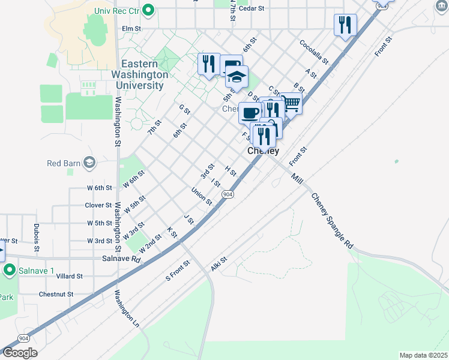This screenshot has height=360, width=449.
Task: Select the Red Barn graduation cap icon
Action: (x=89, y=163)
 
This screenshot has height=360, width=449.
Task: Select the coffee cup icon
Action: (x=250, y=112)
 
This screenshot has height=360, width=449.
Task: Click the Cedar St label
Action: (x=252, y=8)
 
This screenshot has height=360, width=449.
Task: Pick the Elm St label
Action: (x=131, y=28)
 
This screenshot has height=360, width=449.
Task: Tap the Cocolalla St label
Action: (x=314, y=52)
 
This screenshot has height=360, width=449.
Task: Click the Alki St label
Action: (x=218, y=264)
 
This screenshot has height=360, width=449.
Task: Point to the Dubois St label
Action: (x=37, y=237)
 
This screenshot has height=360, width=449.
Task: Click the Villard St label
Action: (x=69, y=277)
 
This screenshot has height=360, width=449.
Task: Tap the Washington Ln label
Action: (x=127, y=309)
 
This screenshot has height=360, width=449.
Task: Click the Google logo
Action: (x=19, y=353)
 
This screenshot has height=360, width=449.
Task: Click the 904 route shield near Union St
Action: (x=228, y=194)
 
